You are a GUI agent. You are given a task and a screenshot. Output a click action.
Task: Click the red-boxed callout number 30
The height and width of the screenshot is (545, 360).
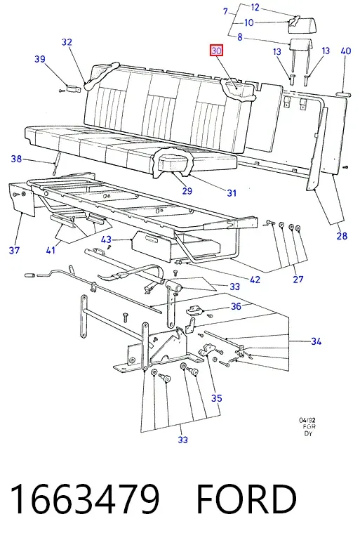(x=216, y=51)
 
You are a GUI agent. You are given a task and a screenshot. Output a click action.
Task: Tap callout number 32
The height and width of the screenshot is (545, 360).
(x=67, y=42)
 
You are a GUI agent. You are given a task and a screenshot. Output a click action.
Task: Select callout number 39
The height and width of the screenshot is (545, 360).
(x=40, y=59)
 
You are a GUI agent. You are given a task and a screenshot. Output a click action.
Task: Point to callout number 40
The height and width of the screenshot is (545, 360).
(x=346, y=51)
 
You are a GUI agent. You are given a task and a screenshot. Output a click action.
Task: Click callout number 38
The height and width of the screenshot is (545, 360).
(x=16, y=159)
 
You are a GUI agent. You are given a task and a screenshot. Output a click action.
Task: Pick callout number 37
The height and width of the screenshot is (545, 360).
(x=14, y=250)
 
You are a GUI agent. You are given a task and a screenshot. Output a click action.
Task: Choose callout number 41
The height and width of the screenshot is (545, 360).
(x=51, y=249)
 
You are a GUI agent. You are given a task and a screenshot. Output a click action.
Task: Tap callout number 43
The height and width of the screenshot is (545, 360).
(x=106, y=239)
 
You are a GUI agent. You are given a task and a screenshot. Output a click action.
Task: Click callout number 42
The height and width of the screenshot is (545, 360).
(x=255, y=280)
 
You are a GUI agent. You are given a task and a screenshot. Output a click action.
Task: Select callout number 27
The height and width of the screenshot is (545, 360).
(x=298, y=279)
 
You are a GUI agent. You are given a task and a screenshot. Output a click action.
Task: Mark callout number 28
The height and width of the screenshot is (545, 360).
(x=342, y=236)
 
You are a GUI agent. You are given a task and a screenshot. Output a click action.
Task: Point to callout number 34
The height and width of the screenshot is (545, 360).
(x=316, y=341)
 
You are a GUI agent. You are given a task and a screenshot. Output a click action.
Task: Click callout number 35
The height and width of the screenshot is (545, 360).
(x=216, y=398)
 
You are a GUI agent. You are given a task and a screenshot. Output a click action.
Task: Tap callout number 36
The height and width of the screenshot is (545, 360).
(x=236, y=306)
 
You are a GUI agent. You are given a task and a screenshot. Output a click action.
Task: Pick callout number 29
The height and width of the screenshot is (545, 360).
(x=187, y=191)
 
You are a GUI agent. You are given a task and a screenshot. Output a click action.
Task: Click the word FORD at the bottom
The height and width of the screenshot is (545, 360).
(x=246, y=499)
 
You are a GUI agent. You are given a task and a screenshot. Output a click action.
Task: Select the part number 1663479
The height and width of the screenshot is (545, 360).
(x=85, y=499)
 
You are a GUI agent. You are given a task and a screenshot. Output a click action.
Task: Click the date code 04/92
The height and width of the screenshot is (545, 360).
(x=307, y=421)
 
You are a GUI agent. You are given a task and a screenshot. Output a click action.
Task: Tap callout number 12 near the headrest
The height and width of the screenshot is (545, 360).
(x=255, y=7)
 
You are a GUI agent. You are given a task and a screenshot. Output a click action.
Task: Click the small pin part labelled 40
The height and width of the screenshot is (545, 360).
(x=344, y=93)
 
